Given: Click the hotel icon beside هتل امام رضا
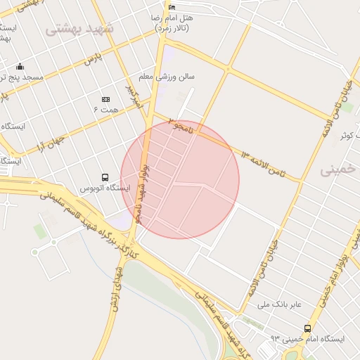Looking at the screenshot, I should click(x=172, y=7).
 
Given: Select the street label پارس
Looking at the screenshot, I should click(x=89, y=60).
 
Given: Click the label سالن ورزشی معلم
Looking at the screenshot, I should click(x=167, y=76).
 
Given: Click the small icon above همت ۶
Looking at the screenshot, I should click(x=106, y=99).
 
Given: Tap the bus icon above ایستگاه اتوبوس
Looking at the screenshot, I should click(x=105, y=177).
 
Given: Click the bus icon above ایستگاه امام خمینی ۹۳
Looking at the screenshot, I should click(x=307, y=328).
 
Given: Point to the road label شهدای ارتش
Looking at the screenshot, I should click(x=117, y=289).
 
